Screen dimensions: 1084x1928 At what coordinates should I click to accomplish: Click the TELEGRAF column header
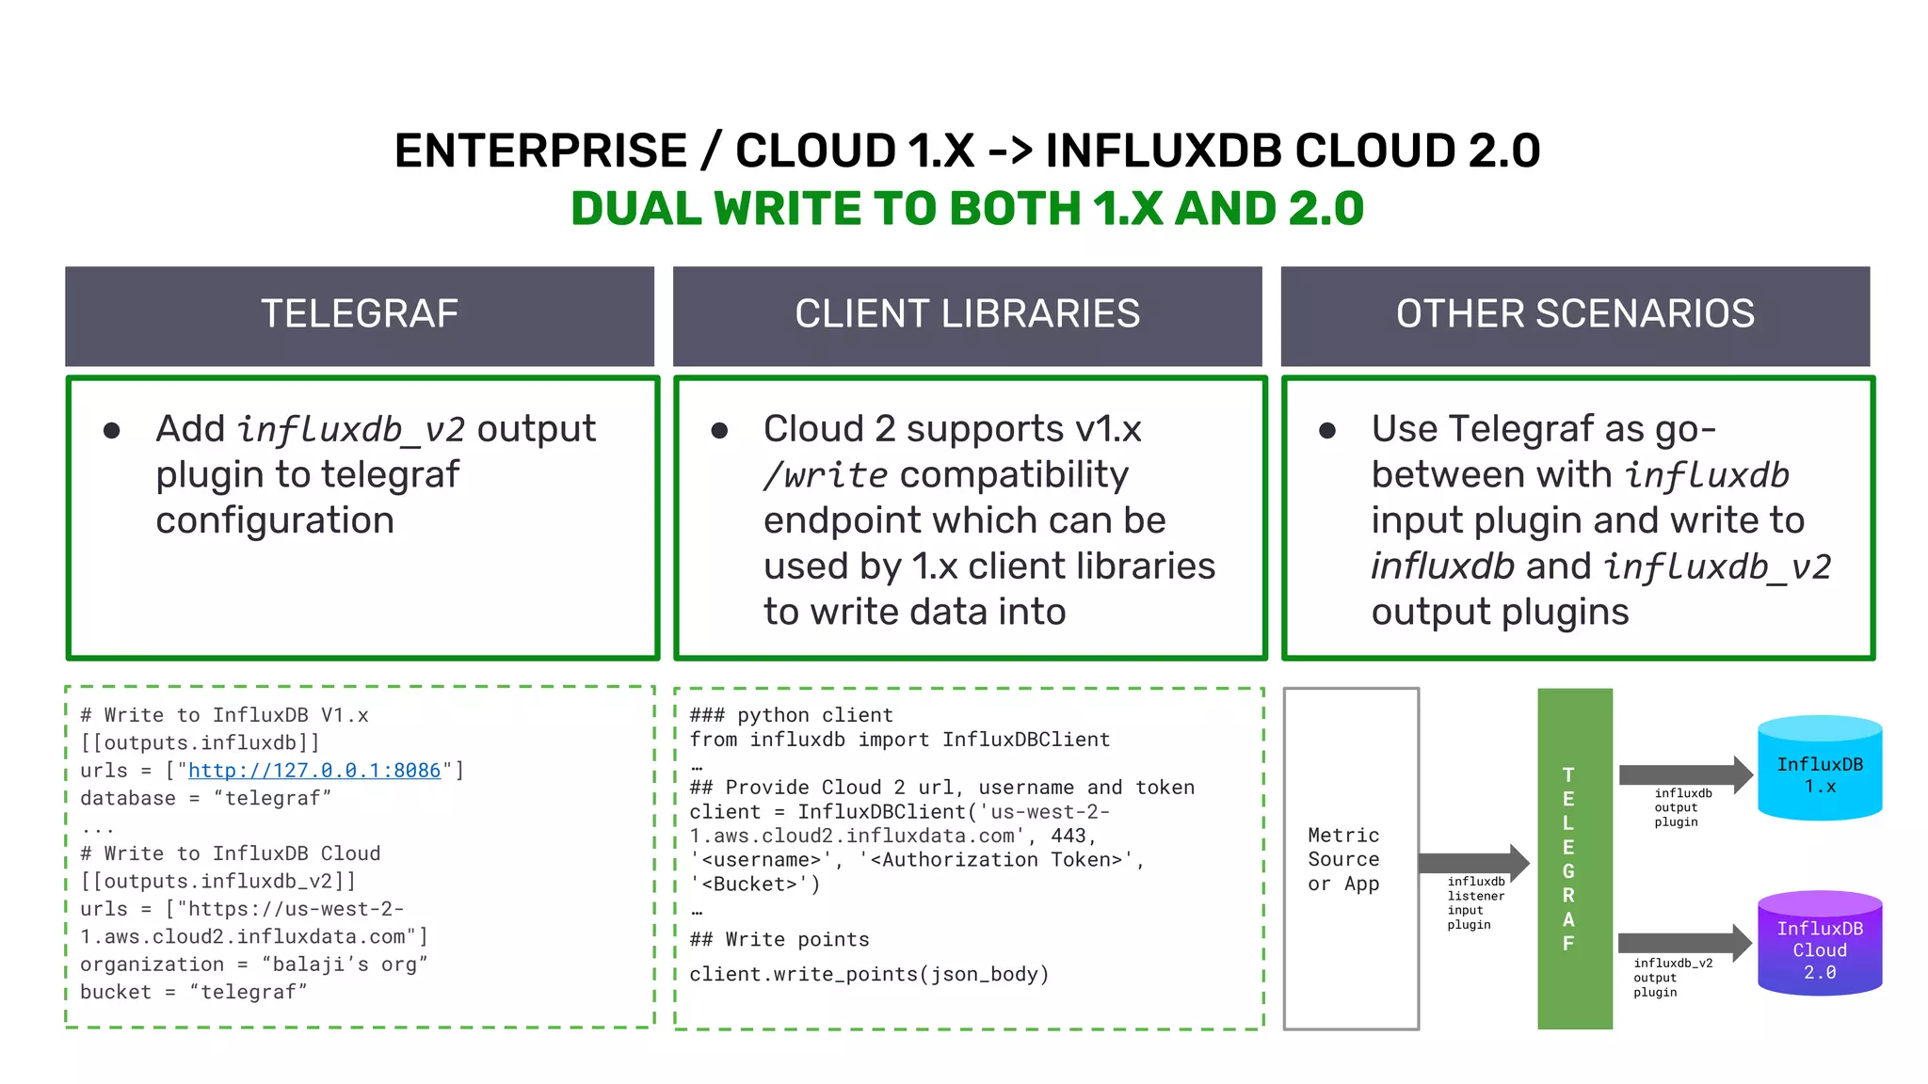pyautogui.click(x=359, y=314)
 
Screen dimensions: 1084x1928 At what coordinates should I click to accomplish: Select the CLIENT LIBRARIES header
pyautogui.click(x=967, y=314)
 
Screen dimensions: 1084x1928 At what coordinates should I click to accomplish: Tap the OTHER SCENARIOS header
pyautogui.click(x=1575, y=314)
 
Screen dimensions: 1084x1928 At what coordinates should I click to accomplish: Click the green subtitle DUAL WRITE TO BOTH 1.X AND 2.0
pyautogui.click(x=967, y=209)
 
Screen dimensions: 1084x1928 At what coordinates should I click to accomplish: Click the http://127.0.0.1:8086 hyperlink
pyautogui.click(x=314, y=771)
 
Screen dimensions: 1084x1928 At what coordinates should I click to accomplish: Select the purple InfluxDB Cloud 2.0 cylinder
pyautogui.click(x=1819, y=945)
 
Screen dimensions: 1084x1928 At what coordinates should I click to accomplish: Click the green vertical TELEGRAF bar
pyautogui.click(x=1574, y=858)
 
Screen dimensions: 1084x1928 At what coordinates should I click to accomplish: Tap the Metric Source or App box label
pyautogui.click(x=1343, y=859)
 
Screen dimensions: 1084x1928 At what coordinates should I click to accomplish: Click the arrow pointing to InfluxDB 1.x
pyautogui.click(x=1683, y=774)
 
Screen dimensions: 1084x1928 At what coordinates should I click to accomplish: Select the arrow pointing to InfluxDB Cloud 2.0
pyautogui.click(x=1683, y=943)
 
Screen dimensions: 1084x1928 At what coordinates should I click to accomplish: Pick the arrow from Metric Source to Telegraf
pyautogui.click(x=1472, y=862)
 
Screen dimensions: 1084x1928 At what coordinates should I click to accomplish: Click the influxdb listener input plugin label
pyautogui.click(x=1475, y=903)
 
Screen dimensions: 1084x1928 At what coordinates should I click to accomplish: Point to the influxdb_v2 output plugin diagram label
pyautogui.click(x=1672, y=977)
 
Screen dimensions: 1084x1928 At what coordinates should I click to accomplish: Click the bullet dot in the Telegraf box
pyautogui.click(x=112, y=431)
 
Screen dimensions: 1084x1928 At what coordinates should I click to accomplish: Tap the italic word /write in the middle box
pyautogui.click(x=825, y=475)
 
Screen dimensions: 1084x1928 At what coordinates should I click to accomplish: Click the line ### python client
pyautogui.click(x=791, y=715)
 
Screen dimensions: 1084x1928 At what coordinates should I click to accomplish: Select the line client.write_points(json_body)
pyautogui.click(x=868, y=974)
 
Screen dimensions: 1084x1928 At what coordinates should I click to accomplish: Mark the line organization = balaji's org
pyautogui.click(x=253, y=964)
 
